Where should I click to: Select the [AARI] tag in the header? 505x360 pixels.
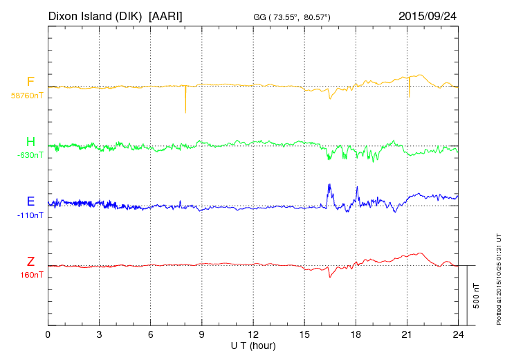[165, 15]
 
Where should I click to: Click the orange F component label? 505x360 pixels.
[30, 82]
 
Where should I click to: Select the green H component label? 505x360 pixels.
[30, 142]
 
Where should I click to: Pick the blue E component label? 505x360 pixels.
[30, 201]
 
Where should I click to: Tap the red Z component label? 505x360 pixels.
[30, 261]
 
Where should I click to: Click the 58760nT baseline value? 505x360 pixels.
[26, 96]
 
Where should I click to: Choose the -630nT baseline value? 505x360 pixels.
[30, 155]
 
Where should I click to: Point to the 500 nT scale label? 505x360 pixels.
[476, 295]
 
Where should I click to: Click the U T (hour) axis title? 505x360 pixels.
[253, 345]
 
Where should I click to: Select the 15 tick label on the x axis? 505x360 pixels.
[304, 334]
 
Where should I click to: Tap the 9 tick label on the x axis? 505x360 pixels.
[202, 334]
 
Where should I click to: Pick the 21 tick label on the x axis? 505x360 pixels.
[407, 334]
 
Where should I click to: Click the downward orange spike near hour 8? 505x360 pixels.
[185, 100]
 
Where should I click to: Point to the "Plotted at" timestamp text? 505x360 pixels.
[498, 277]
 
